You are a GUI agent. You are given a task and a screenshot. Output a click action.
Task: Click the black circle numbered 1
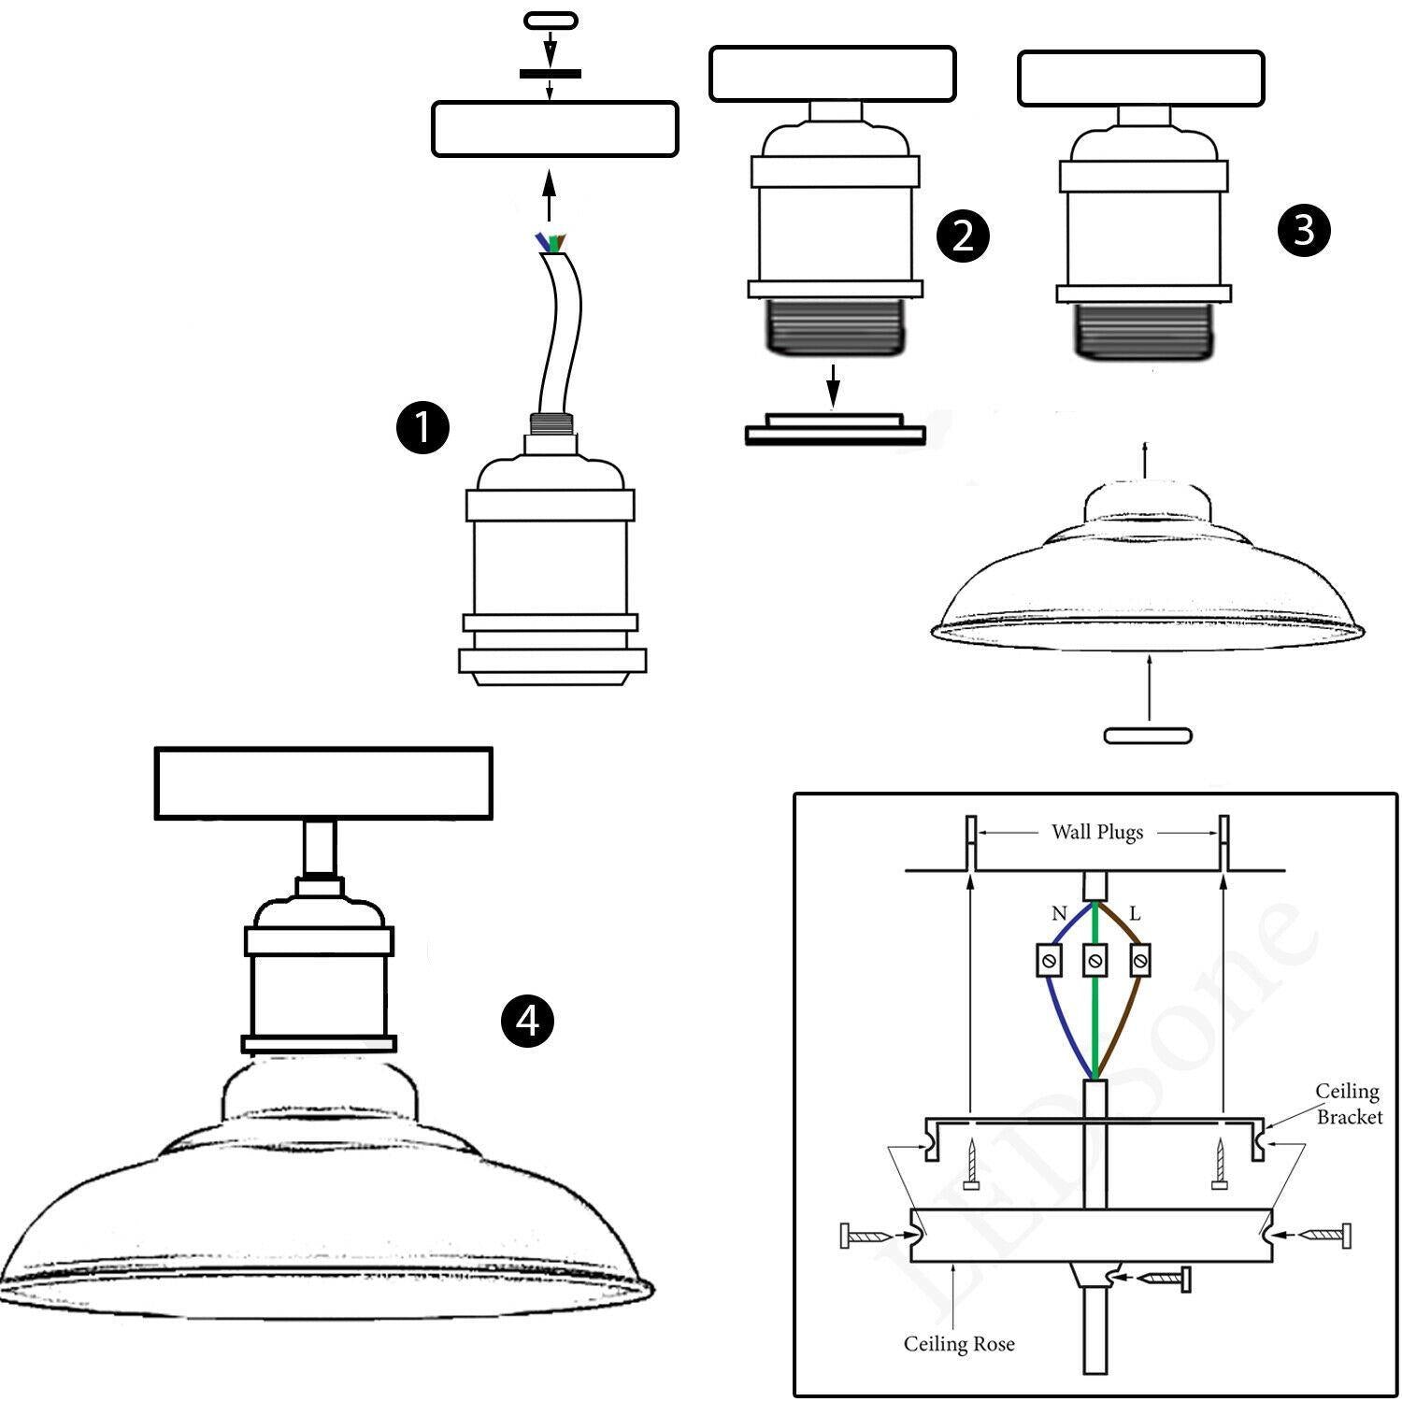(x=422, y=428)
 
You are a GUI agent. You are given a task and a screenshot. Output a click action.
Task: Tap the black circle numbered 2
(x=963, y=235)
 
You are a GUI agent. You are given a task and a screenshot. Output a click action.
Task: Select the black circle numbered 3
(x=1304, y=229)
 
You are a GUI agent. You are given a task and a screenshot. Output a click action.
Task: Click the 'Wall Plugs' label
(x=1097, y=832)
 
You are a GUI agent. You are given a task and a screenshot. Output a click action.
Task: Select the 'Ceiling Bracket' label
(x=1348, y=1103)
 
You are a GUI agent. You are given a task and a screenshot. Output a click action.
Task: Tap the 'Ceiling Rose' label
(x=958, y=1344)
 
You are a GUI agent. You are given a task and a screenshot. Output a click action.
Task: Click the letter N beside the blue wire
(x=1058, y=913)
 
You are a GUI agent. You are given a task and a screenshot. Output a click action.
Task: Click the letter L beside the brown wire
(x=1135, y=913)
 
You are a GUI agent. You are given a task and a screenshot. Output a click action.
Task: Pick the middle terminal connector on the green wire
(x=1095, y=960)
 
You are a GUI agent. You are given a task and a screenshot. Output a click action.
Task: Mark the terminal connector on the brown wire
(x=1139, y=960)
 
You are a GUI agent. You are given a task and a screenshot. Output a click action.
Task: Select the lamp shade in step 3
(x=1148, y=579)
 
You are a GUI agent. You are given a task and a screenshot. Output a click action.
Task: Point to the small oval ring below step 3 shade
(x=1148, y=736)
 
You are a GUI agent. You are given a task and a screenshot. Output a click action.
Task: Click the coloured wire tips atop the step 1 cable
(x=551, y=243)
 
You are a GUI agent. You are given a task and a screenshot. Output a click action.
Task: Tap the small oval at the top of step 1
(x=551, y=20)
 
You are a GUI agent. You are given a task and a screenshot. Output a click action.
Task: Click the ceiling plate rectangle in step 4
(x=323, y=783)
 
